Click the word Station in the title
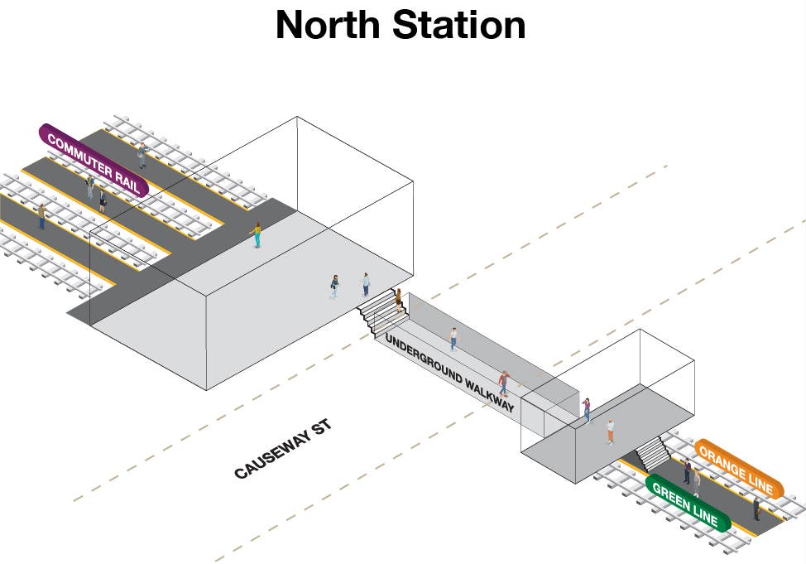pos(459,25)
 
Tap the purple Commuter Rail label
pos(94,160)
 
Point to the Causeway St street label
pos(282,450)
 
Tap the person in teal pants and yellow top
pos(257,234)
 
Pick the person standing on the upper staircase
pos(398,298)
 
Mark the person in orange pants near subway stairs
pos(611,431)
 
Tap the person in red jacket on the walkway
pos(503,383)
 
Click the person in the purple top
pos(587,407)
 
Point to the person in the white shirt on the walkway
pos(453,338)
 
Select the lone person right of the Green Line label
pos(756,509)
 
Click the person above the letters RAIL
pos(142,155)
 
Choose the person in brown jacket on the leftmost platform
pos(41,216)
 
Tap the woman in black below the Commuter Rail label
pos(103,200)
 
